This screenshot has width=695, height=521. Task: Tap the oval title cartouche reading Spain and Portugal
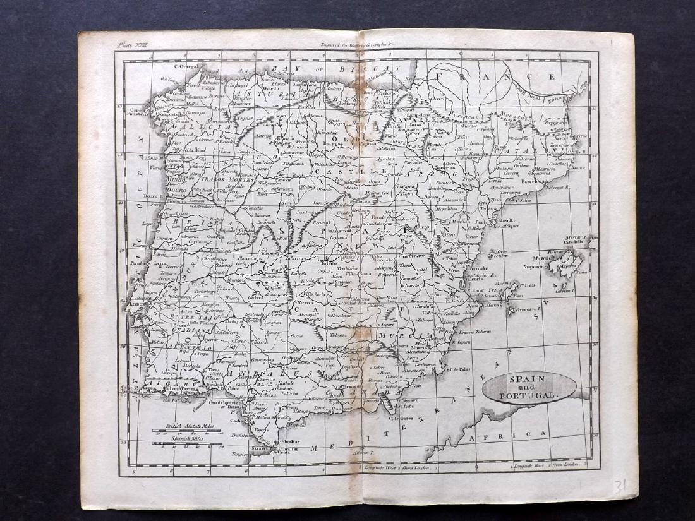click(x=529, y=387)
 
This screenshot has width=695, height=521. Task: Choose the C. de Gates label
click(x=402, y=417)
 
